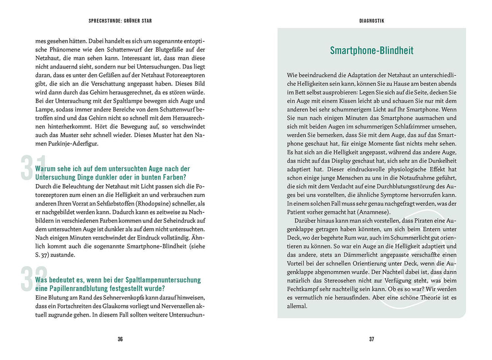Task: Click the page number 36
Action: pos(120,339)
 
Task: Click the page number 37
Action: pos(372,339)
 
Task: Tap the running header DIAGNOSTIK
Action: pos(372,21)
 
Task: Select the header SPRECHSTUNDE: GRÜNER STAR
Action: pos(120,21)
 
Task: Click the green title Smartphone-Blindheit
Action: pos(372,51)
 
